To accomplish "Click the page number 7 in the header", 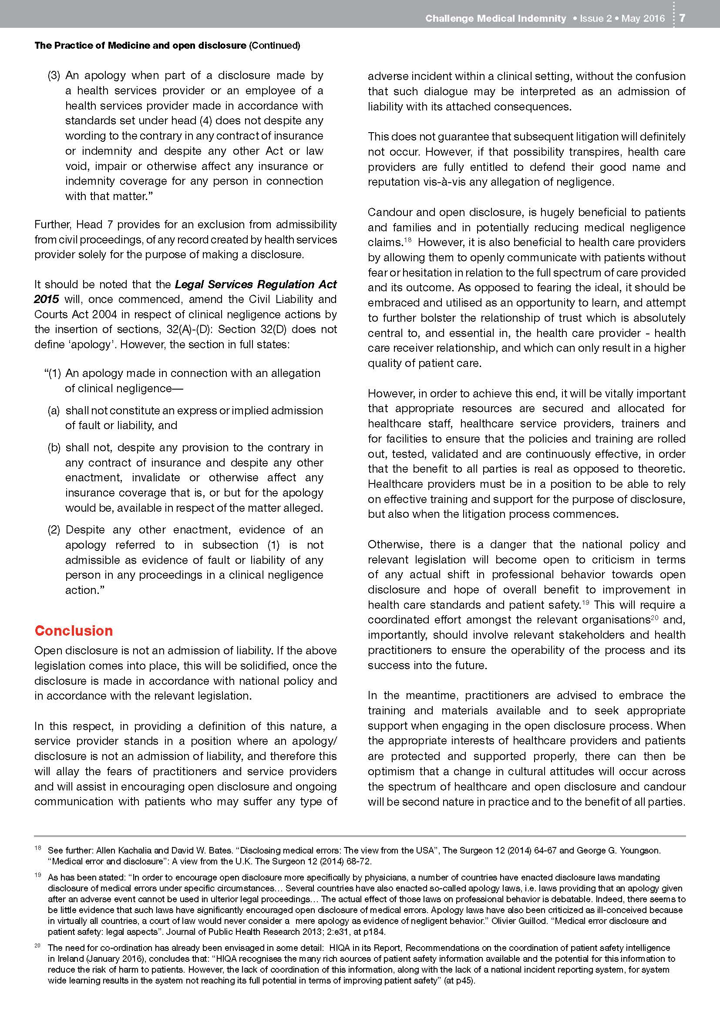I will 682,18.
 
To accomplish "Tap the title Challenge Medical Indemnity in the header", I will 495,18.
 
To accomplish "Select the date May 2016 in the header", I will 643,18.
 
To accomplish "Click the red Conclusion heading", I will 74,630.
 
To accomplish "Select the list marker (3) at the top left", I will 54,75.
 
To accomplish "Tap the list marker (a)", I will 54,410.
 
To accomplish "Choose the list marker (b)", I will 54,447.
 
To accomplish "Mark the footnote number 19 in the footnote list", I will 38,875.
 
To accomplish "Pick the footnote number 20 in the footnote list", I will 38,946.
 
